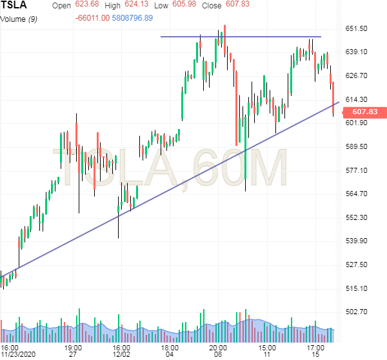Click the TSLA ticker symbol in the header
[14, 6]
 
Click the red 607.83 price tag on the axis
[361, 112]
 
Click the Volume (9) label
[17, 18]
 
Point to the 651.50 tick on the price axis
[356, 28]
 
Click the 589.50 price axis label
[356, 146]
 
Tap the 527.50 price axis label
[356, 265]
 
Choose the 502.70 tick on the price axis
[356, 312]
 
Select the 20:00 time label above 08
[218, 346]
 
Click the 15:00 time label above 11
[266, 346]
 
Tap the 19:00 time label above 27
[73, 346]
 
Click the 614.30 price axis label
[356, 99]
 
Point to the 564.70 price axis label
[356, 194]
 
